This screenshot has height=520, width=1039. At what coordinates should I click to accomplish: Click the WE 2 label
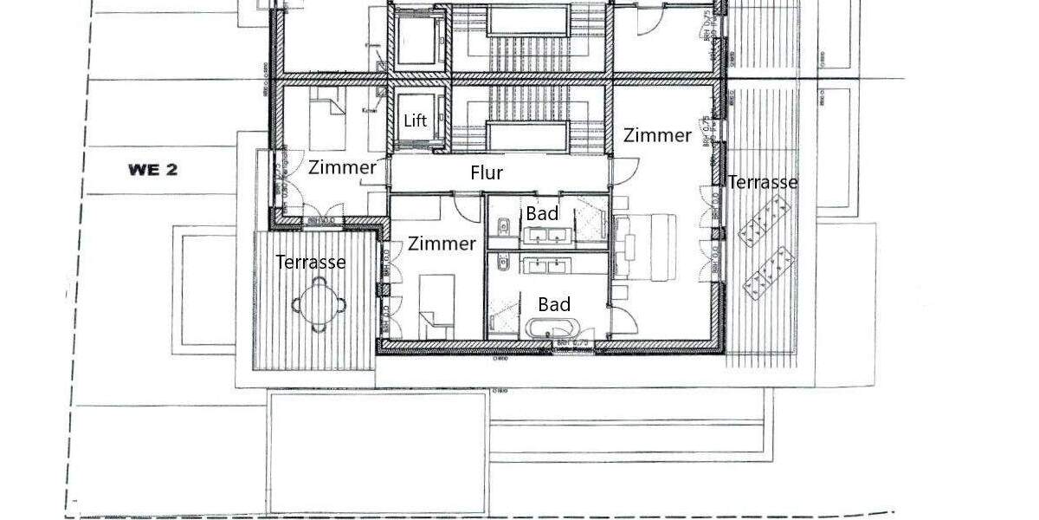click(x=152, y=170)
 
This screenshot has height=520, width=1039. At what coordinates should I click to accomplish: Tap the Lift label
click(x=416, y=120)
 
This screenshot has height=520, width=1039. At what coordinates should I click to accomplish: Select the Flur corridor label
click(x=487, y=173)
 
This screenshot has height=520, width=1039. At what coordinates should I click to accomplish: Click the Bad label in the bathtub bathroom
click(x=554, y=304)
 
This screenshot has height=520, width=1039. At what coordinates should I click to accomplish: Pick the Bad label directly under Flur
click(x=542, y=213)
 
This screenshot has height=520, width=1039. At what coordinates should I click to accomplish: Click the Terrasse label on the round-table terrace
click(x=311, y=262)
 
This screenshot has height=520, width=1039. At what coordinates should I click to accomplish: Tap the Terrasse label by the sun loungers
click(x=762, y=182)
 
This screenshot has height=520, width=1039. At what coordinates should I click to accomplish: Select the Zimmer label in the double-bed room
click(x=658, y=135)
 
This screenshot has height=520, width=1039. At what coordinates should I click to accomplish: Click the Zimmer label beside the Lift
click(x=342, y=167)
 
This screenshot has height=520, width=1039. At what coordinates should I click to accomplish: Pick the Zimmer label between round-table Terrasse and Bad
click(x=442, y=244)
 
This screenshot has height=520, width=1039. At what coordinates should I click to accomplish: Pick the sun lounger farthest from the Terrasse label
click(x=770, y=272)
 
